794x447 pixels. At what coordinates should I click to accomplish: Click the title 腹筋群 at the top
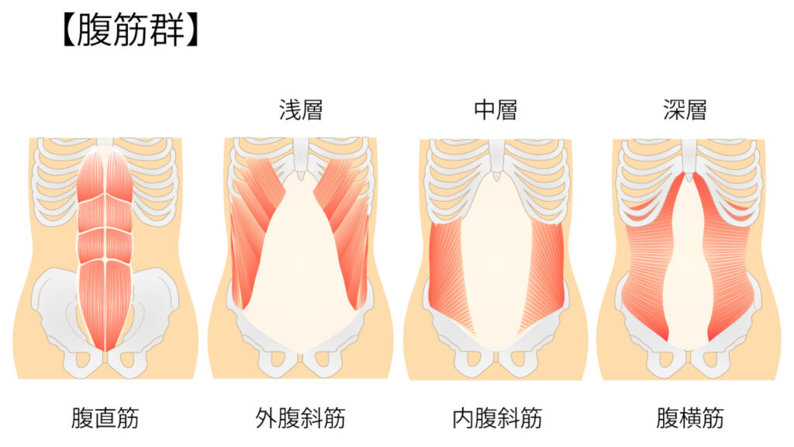click(130, 31)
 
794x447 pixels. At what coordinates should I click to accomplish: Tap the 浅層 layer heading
click(301, 109)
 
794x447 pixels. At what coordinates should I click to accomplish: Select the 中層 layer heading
click(495, 109)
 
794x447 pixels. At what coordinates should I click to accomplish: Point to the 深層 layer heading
click(685, 109)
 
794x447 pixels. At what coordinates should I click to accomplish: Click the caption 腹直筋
click(105, 418)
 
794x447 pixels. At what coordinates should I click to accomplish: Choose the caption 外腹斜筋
click(300, 418)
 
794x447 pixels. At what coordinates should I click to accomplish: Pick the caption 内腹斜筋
click(497, 418)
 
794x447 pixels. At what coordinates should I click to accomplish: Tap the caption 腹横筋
click(689, 418)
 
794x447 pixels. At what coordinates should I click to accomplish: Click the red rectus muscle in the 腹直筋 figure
click(105, 248)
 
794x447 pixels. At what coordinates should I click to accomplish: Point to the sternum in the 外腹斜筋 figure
click(301, 157)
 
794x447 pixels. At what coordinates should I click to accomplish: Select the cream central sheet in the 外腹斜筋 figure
click(301, 274)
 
